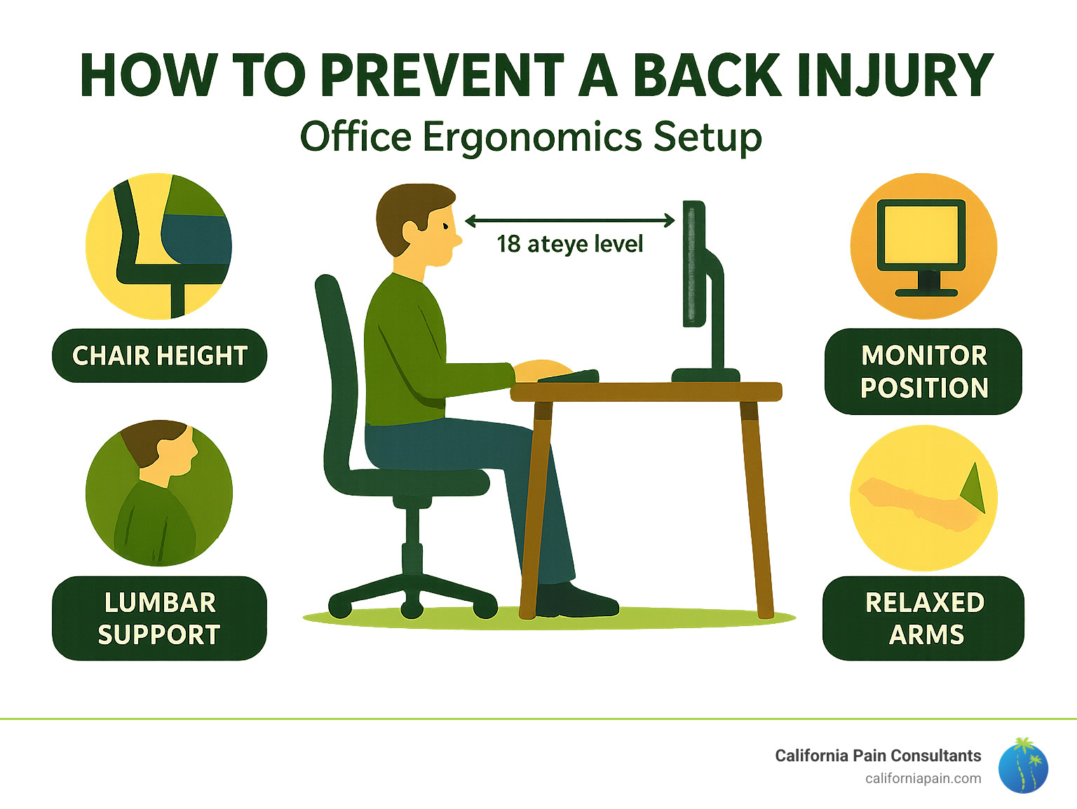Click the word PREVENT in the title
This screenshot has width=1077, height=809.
point(442,75)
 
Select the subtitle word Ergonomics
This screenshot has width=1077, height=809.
point(532,137)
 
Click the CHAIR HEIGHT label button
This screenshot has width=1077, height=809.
point(160,355)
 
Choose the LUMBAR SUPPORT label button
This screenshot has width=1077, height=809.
point(159,618)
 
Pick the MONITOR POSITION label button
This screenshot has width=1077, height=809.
point(923,372)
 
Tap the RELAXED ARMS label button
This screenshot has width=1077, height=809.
point(924,618)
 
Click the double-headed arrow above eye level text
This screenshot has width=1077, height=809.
point(569,222)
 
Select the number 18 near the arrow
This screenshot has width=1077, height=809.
point(508,244)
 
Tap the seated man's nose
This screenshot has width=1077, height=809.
point(456,239)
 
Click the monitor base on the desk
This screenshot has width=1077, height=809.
point(705,375)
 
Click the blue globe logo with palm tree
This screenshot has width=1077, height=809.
point(1023,766)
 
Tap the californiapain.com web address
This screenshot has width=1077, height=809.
point(923,778)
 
